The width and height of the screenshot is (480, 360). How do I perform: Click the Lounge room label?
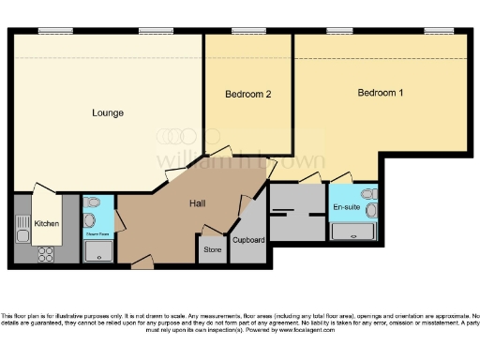click(x=108, y=113)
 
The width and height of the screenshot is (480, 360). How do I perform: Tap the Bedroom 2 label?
click(x=248, y=95)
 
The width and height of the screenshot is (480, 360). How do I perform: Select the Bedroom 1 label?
click(x=381, y=93)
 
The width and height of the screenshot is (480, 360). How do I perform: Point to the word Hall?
click(x=197, y=203)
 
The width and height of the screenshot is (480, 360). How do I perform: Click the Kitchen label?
click(x=47, y=224)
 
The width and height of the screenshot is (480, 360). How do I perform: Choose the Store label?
click(x=212, y=250)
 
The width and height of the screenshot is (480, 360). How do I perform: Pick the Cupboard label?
click(x=248, y=240)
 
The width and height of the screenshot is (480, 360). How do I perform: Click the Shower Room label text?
click(x=97, y=233)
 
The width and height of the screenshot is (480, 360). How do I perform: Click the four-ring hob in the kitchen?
click(x=44, y=251)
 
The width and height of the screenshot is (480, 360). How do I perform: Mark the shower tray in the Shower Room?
click(x=97, y=250)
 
